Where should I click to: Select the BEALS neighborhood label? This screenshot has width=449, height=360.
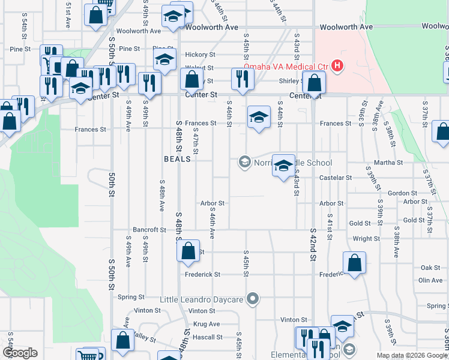[x=177, y=159]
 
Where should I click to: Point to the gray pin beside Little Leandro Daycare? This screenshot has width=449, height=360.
[x=253, y=298]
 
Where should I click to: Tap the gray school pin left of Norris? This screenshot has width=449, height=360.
[x=244, y=162]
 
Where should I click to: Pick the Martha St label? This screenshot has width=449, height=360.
[x=388, y=163]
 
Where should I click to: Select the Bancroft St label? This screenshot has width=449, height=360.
[x=149, y=230]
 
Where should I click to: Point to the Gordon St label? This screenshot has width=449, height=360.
[x=402, y=193]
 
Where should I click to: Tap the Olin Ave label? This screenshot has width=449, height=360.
[x=430, y=280]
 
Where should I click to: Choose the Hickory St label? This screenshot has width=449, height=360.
[x=199, y=54]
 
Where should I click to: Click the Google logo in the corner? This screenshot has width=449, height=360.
[x=20, y=353]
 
